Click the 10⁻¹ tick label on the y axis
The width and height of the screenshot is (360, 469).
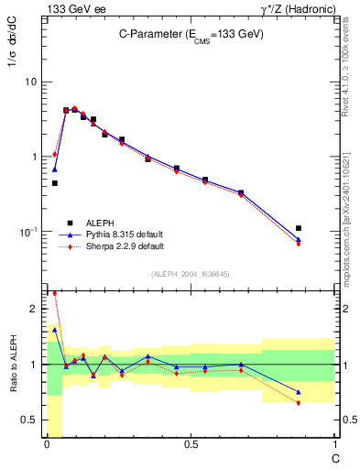tap(30, 232)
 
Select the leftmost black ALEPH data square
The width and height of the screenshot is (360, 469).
tap(55, 183)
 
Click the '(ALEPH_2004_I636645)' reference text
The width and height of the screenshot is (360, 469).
tap(191, 274)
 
